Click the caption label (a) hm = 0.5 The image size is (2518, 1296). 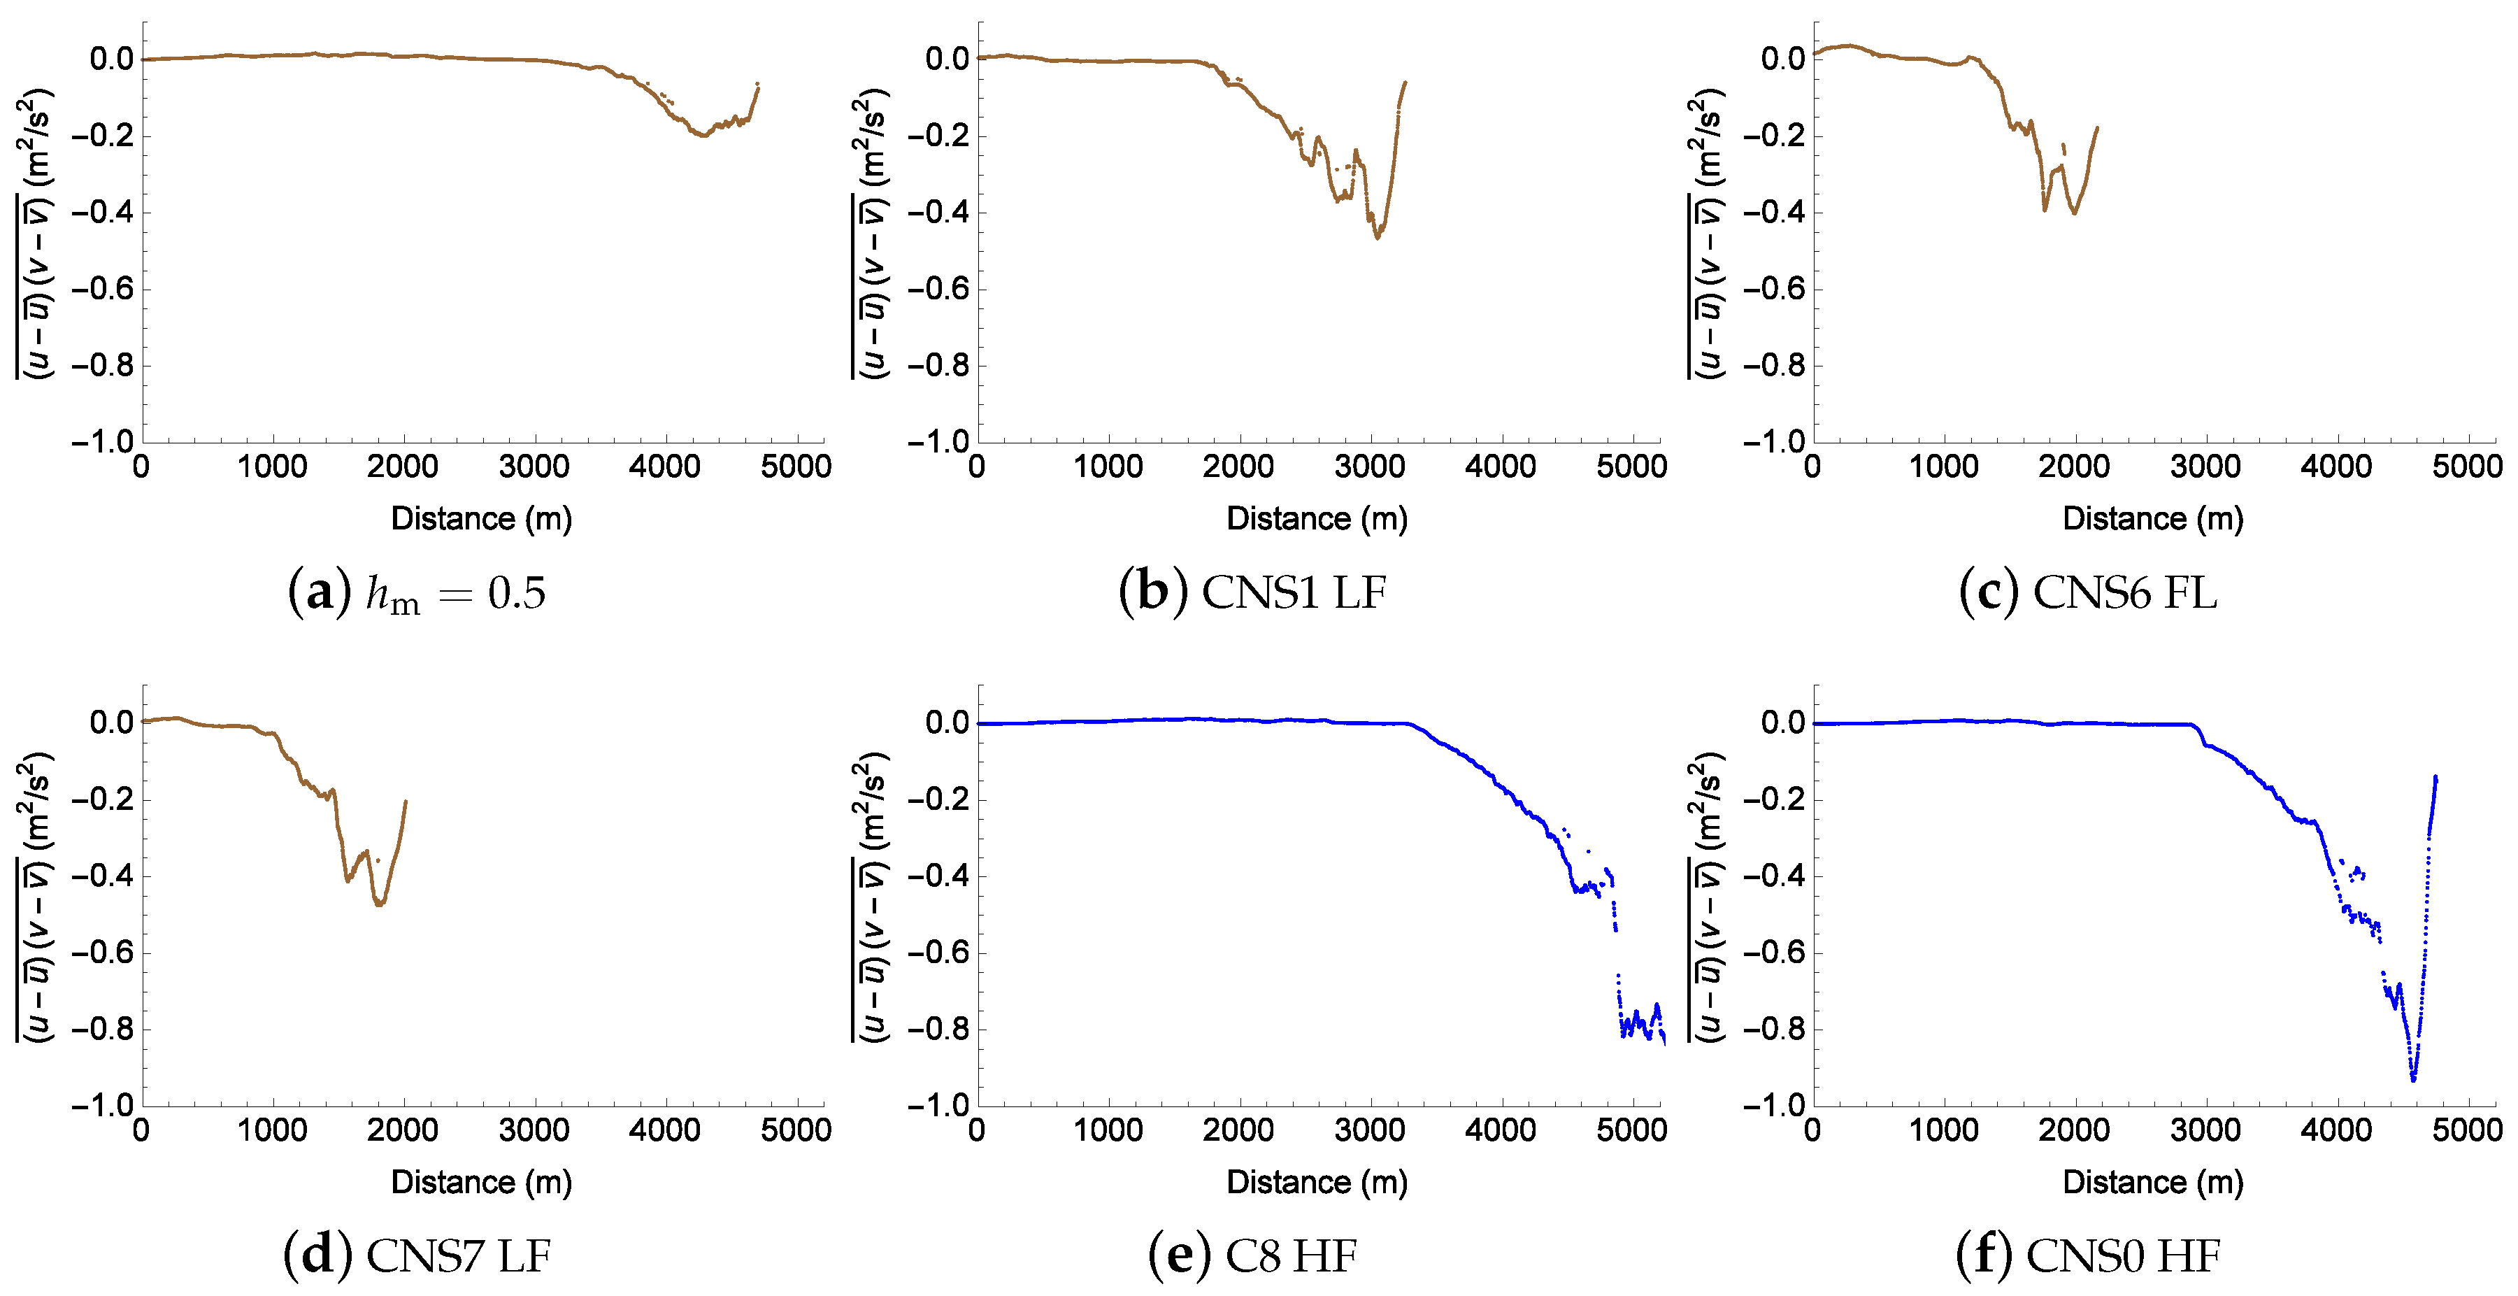tap(417, 592)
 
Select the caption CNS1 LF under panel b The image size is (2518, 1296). tap(1253, 592)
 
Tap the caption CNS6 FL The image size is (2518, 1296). tap(2088, 592)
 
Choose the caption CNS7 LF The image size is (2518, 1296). tap(417, 1256)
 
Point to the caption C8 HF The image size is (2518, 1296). tap(1253, 1256)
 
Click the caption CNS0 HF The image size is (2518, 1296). tap(2088, 1256)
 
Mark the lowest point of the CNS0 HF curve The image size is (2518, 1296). tap(2413, 1079)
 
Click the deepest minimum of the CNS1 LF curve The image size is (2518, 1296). tap(1378, 238)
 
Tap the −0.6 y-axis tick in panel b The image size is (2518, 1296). tap(943, 290)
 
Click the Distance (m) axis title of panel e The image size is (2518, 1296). tap(1317, 1183)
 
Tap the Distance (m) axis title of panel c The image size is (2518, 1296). tap(2152, 519)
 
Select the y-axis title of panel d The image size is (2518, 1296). tap(34, 896)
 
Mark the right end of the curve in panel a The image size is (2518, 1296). tap(757, 85)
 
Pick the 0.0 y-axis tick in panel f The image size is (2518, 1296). tap(1783, 723)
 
